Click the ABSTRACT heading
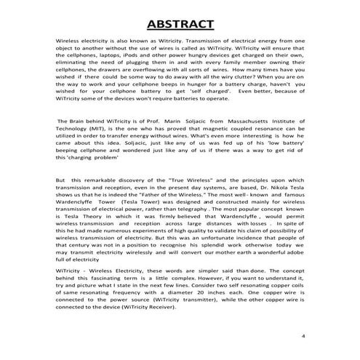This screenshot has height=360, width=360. pos(180,24)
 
